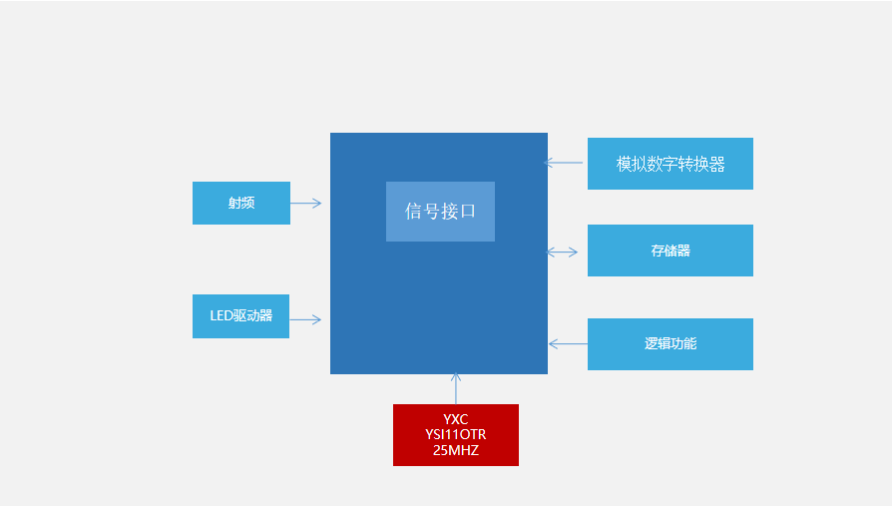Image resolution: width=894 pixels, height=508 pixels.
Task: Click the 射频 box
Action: coord(240,203)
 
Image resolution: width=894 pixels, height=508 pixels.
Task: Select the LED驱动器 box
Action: coord(240,316)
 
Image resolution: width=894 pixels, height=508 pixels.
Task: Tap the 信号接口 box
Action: coord(440,212)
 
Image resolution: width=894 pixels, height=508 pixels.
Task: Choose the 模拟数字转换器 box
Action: coord(670,164)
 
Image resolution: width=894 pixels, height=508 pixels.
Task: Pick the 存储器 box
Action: coord(670,251)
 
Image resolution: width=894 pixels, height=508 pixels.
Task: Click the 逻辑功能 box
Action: coord(670,344)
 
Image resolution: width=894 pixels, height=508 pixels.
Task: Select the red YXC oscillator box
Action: coord(456,434)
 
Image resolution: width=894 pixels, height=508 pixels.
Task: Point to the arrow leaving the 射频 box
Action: coord(306,203)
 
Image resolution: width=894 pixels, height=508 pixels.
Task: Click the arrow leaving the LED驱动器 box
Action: coord(305,319)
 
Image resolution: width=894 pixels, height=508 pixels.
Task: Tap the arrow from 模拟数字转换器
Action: coord(564,162)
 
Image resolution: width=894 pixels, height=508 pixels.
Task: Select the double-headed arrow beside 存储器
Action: coord(563,252)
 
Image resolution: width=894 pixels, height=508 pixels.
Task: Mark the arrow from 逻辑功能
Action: coord(568,343)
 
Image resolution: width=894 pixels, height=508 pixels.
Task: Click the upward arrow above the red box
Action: coord(456,388)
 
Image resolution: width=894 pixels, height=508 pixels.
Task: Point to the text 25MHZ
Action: coord(456,451)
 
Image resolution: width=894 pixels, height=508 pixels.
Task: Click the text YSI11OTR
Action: coord(456,435)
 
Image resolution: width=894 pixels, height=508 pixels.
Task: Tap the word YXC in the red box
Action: coord(456,419)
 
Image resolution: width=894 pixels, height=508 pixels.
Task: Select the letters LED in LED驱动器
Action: coord(221,316)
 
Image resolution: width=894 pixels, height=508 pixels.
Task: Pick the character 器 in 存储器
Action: coord(683,251)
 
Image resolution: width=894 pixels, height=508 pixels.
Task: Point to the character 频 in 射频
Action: coord(247,203)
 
